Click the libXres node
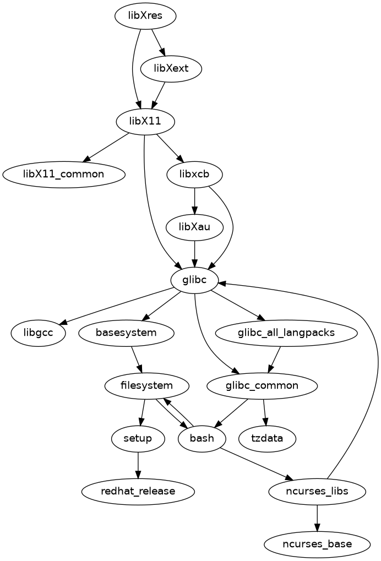(x=145, y=16)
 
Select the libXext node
(x=171, y=69)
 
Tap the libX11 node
(x=145, y=121)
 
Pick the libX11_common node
(x=64, y=174)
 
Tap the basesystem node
(x=127, y=333)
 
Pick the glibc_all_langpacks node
(x=286, y=333)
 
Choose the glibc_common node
(x=262, y=385)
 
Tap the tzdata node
(x=268, y=438)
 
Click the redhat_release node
(x=138, y=491)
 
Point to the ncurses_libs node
(x=317, y=491)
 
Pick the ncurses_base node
(x=317, y=544)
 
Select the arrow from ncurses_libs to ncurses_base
(x=317, y=517)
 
